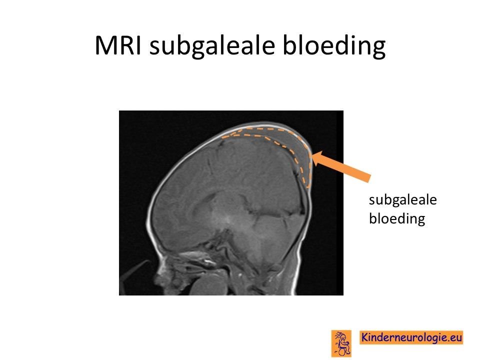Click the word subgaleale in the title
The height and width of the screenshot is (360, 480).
pyautogui.click(x=212, y=46)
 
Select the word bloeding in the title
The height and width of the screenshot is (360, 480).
pyautogui.click(x=333, y=46)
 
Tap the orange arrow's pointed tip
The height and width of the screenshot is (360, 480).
pyautogui.click(x=312, y=154)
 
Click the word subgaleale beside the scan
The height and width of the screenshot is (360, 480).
pyautogui.click(x=403, y=200)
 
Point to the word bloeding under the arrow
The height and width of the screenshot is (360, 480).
pyautogui.click(x=397, y=218)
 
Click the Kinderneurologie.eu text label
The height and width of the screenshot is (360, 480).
pyautogui.click(x=411, y=337)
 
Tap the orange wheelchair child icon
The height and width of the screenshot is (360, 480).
pyautogui.click(x=341, y=343)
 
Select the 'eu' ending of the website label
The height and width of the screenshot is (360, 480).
pyautogui.click(x=456, y=337)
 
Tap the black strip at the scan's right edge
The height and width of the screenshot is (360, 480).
pyautogui.click(x=340, y=202)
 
